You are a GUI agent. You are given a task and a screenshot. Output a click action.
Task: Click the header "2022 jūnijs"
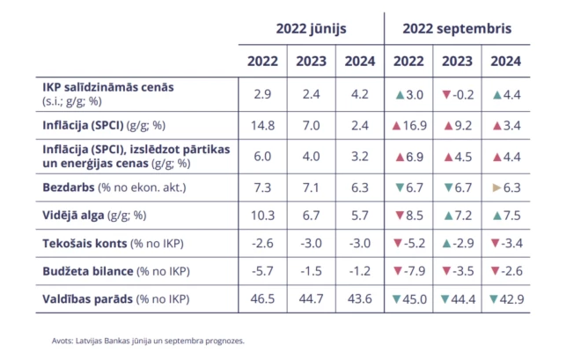(x=311, y=29)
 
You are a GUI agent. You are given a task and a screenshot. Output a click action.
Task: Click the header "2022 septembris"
(x=457, y=29)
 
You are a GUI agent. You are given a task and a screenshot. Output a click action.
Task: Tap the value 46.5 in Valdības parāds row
(x=261, y=298)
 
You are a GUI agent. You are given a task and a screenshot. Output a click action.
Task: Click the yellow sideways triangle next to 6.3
(x=496, y=187)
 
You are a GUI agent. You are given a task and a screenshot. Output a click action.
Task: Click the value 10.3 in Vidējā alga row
(x=261, y=215)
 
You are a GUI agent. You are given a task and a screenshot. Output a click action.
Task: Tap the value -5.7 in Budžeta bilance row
(x=261, y=270)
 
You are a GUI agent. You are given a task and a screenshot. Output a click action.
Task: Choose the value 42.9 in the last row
(x=511, y=298)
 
